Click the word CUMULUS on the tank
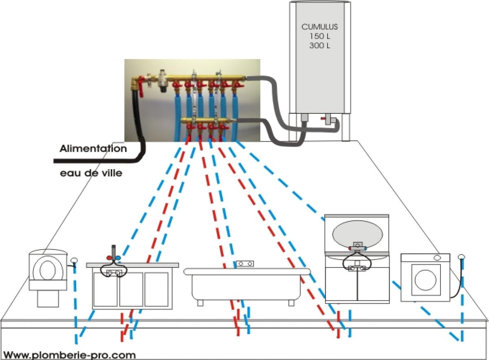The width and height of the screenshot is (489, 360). click(319, 27)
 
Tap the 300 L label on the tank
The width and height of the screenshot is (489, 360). click(319, 45)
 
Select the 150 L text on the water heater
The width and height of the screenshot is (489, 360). click(319, 36)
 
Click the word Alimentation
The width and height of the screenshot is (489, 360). click(93, 149)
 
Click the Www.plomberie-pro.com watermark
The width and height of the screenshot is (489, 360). click(69, 355)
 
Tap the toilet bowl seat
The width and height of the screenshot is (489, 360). click(48, 269)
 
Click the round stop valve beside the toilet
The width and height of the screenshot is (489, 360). click(74, 261)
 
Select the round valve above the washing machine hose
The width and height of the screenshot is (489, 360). click(461, 257)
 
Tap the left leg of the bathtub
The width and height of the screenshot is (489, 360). click(199, 303)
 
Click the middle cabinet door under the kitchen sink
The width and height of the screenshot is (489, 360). click(131, 289)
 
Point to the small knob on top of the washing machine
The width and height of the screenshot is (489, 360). click(437, 257)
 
